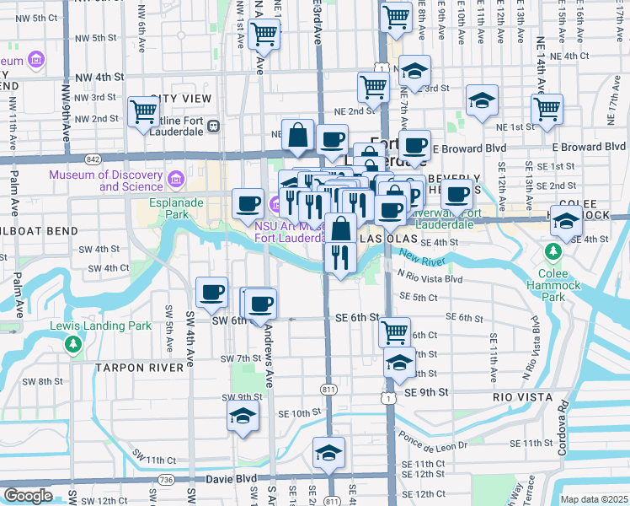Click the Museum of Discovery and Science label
pyautogui.click(x=106, y=180)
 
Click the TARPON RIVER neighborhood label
pyautogui.click(x=139, y=368)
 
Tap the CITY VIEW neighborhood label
pyautogui.click(x=181, y=99)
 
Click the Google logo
pyautogui.click(x=28, y=496)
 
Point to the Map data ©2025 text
pyautogui.click(x=594, y=499)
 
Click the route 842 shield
pyautogui.click(x=92, y=159)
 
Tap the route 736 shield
pyautogui.click(x=168, y=480)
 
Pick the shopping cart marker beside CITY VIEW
pyautogui.click(x=143, y=110)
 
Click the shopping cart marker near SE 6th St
pyautogui.click(x=393, y=331)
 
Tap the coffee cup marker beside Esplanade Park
pyautogui.click(x=248, y=202)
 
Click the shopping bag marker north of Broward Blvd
pyautogui.click(x=298, y=135)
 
